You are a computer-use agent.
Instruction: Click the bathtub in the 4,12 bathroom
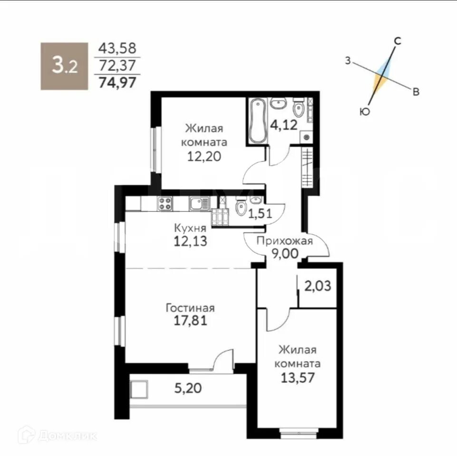tap(258, 121)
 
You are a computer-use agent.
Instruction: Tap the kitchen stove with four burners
tap(165, 203)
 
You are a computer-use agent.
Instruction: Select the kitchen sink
tap(199, 203)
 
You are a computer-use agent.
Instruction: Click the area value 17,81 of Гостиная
tap(191, 321)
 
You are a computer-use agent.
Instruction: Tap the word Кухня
tap(190, 228)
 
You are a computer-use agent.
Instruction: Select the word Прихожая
tap(285, 241)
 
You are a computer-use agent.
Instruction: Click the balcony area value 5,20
tap(188, 388)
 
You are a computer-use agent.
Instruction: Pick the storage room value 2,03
tap(318, 286)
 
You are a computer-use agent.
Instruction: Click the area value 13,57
tap(298, 378)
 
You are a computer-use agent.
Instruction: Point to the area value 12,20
tap(204, 157)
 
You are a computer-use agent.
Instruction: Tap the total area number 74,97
tap(117, 82)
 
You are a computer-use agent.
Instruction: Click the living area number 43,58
tap(117, 48)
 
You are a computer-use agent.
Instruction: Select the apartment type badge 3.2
tap(64, 66)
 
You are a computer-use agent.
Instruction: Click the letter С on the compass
tap(398, 41)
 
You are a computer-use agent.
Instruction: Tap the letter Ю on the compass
tap(365, 111)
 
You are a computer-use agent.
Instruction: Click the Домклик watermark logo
tap(58, 436)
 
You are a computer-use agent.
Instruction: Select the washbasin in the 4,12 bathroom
tap(279, 104)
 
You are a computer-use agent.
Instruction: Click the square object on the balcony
tap(139, 389)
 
